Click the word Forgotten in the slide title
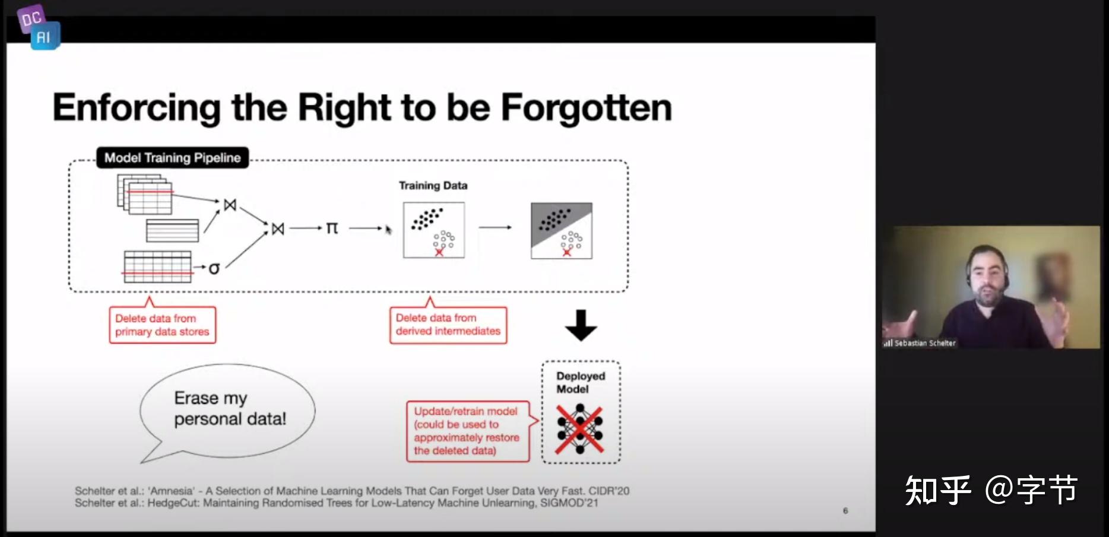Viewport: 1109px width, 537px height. tap(587, 108)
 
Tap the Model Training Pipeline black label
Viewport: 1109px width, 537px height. tap(173, 158)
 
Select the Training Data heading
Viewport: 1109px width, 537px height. tap(433, 186)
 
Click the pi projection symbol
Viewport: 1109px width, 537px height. tap(332, 228)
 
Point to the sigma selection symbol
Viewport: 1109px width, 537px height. tap(214, 269)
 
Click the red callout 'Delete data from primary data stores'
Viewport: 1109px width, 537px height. tap(162, 325)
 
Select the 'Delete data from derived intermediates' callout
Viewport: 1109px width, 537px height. tap(448, 325)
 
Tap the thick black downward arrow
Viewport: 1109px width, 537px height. tap(581, 325)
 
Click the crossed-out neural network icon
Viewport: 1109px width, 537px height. tap(580, 429)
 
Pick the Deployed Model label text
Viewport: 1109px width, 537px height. tap(580, 383)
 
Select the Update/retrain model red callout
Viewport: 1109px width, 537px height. tap(468, 431)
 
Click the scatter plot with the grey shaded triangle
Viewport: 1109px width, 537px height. tap(561, 230)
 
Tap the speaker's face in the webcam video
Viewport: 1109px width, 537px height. tap(987, 276)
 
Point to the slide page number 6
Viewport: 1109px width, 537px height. tap(845, 511)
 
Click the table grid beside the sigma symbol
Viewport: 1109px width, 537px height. tap(157, 267)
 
